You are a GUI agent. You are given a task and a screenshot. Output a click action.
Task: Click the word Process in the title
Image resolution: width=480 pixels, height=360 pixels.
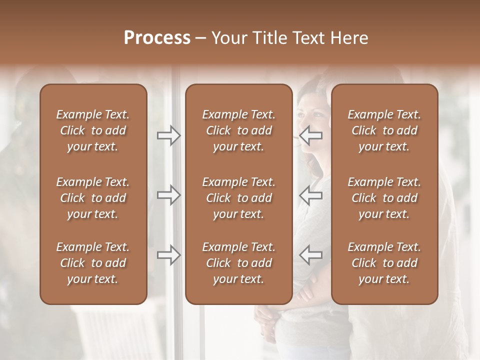point(157,38)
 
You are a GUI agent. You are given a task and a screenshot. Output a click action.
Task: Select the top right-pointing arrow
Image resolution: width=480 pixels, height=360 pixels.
point(169,135)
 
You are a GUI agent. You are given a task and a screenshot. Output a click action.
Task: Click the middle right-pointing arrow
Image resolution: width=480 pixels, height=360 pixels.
point(169,195)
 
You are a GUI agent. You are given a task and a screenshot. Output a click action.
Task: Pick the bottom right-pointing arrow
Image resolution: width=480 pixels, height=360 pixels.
point(169,255)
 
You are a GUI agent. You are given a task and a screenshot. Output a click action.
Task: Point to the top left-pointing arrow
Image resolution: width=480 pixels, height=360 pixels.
point(311,135)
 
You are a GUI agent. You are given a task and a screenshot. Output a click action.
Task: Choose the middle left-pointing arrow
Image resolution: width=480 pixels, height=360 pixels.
point(311,195)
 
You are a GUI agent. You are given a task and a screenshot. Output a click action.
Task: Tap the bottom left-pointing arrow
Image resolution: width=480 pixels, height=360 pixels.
point(311,255)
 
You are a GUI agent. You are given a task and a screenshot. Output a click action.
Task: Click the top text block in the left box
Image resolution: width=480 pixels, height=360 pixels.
point(93,130)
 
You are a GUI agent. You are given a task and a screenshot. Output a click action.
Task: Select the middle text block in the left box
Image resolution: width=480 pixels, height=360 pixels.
point(93,198)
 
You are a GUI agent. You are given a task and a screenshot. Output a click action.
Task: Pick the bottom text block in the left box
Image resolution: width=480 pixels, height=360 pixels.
point(93,263)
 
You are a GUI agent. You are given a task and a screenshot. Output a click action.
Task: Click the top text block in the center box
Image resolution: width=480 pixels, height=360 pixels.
point(238,130)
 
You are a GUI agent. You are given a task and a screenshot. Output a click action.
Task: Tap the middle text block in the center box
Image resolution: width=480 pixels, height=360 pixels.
point(238,198)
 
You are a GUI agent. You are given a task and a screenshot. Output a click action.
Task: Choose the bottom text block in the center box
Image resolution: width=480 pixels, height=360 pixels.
point(238,263)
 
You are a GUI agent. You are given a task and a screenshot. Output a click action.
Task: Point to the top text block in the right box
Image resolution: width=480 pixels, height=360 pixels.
point(384,130)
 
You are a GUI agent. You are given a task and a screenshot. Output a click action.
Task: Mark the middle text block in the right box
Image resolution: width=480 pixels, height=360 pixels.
point(384,198)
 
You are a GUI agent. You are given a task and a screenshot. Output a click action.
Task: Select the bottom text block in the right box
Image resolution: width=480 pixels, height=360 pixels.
point(384,263)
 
